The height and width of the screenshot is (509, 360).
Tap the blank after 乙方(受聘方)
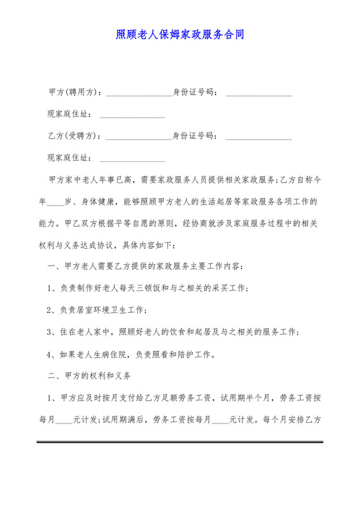click(138, 137)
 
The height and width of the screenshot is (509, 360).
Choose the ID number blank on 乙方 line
click(259, 137)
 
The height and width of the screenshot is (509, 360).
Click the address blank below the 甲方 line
click(132, 116)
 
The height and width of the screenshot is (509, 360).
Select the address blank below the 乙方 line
click(132, 159)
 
